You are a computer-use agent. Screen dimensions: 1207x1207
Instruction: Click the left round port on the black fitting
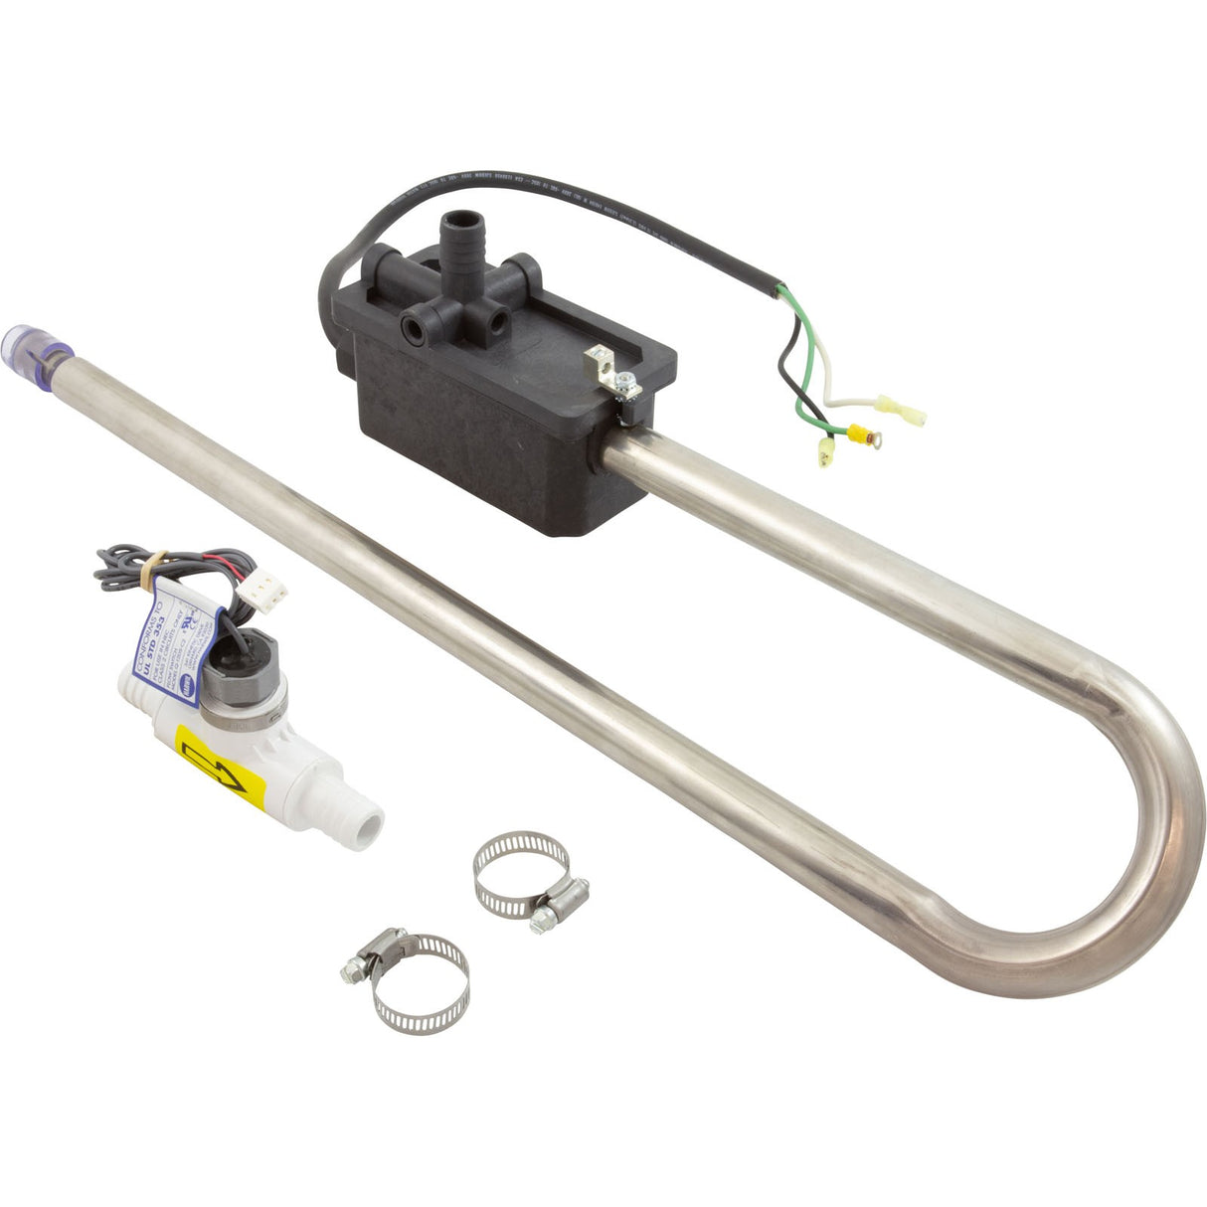click(411, 326)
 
